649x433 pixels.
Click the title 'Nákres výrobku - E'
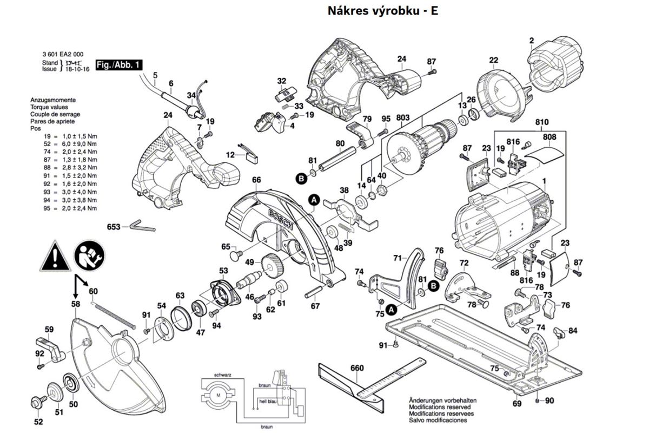pyautogui.click(x=383, y=11)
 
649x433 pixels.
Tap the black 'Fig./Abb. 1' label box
pyautogui.click(x=119, y=65)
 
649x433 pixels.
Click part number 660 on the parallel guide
pyautogui.click(x=357, y=369)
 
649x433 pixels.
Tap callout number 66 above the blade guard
pyautogui.click(x=256, y=180)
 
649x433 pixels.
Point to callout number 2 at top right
pyautogui.click(x=532, y=41)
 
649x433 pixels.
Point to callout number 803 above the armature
pyautogui.click(x=403, y=119)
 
